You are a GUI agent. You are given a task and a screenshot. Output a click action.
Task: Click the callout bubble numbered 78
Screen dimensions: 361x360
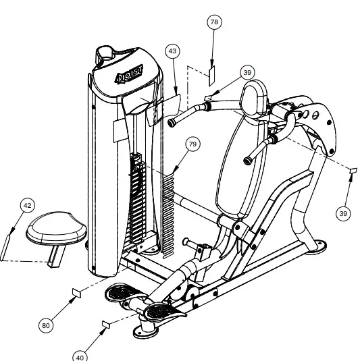click(214, 22)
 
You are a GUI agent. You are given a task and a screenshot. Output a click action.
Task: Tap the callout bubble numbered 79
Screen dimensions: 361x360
click(192, 145)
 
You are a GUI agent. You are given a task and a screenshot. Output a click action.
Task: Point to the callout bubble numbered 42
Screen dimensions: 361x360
click(28, 205)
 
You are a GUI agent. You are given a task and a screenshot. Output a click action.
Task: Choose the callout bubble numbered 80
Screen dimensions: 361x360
click(45, 325)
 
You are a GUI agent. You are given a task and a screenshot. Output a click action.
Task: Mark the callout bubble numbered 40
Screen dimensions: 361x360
click(80, 356)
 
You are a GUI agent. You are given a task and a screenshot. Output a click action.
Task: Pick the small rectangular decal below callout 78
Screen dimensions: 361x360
click(211, 72)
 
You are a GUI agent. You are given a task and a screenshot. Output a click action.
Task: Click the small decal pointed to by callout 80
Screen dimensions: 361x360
click(76, 291)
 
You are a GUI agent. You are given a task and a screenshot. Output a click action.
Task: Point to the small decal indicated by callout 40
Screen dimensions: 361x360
click(106, 325)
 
